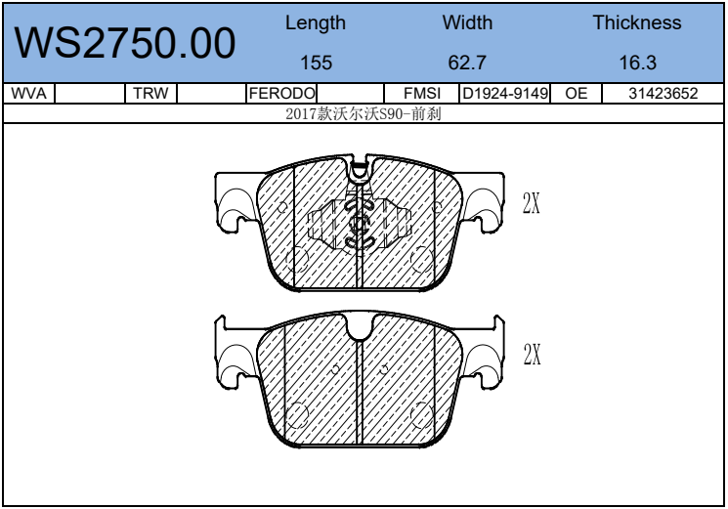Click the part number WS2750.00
pyautogui.click(x=125, y=43)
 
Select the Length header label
pyautogui.click(x=316, y=23)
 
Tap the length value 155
pyautogui.click(x=317, y=63)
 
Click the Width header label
pyautogui.click(x=467, y=22)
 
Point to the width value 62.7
pyautogui.click(x=467, y=63)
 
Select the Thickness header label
pyautogui.click(x=637, y=22)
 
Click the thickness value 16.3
pyautogui.click(x=637, y=63)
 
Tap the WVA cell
pyautogui.click(x=28, y=93)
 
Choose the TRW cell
pyautogui.click(x=150, y=93)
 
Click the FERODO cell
pyautogui.click(x=281, y=93)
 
